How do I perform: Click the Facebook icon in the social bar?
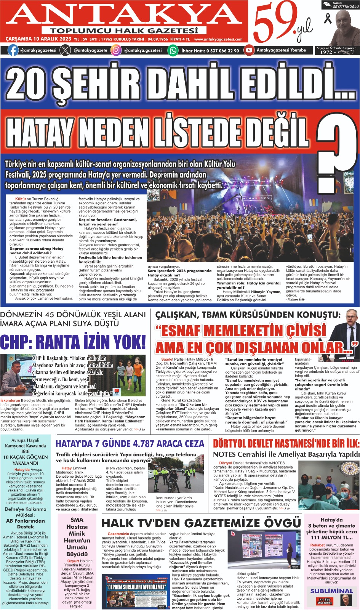pos(13,50)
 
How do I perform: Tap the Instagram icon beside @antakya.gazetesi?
pos(116,50)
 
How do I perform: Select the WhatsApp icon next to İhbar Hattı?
pos(173,50)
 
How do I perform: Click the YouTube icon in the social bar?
pos(249,50)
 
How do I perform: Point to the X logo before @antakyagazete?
pos(66,50)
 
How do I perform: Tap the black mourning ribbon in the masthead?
pos(328,18)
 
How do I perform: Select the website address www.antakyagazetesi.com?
pos(218,39)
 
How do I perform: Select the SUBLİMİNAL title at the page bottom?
pos(331,591)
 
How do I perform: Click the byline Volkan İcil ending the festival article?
pos(295,299)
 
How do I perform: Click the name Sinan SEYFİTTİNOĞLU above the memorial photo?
pos(340,5)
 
